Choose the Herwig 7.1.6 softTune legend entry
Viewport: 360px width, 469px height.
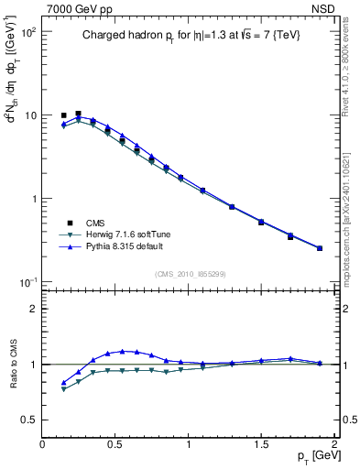[x=116, y=235]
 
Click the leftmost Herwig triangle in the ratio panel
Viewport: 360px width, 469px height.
[x=64, y=389]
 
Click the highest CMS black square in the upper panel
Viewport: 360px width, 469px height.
[x=78, y=114]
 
